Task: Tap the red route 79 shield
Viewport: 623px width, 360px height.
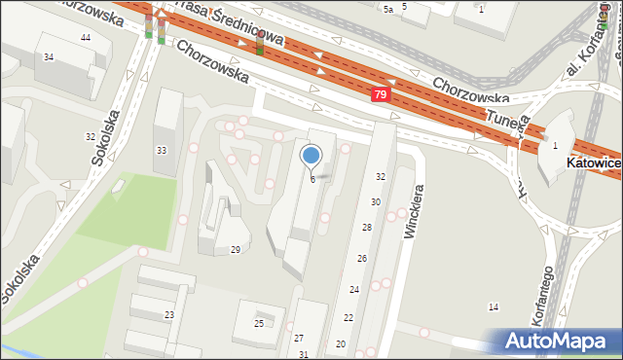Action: coord(381,94)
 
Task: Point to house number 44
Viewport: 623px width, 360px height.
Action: coord(86,37)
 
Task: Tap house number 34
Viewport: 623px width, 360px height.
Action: coord(48,57)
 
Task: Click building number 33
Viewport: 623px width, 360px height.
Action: coord(162,150)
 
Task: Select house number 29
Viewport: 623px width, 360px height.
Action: coord(235,250)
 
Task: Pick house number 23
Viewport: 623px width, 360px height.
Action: coord(168,315)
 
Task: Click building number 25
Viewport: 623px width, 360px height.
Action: coord(259,323)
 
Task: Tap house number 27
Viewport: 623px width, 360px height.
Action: coord(299,338)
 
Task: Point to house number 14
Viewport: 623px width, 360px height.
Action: coord(494,307)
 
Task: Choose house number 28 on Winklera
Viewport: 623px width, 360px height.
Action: coord(367,227)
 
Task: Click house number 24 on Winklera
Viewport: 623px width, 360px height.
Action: coord(354,290)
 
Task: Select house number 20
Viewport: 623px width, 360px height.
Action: coord(341,344)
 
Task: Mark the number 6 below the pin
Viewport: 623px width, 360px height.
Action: coord(312,179)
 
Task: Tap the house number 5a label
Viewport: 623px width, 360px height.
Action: coord(387,9)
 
